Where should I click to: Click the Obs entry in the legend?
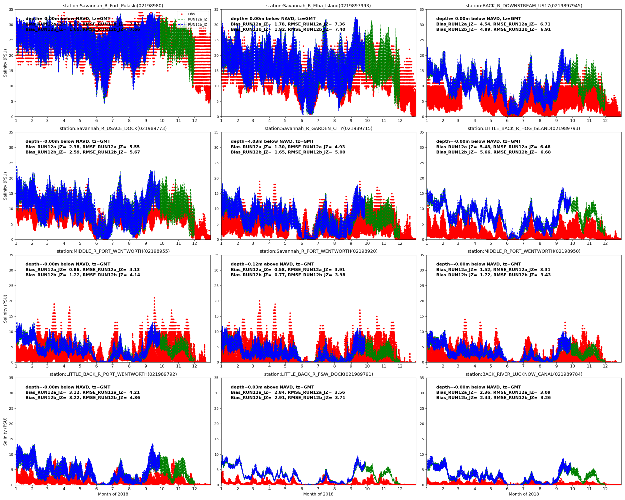(191, 14)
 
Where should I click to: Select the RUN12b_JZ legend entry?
(197, 25)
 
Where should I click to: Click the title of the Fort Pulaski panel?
(113, 5)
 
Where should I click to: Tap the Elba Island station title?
(318, 5)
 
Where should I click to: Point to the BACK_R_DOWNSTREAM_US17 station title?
(523, 5)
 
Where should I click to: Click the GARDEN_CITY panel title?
(318, 128)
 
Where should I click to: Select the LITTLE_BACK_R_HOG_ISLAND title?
(523, 128)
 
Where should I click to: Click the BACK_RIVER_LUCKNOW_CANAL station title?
(523, 374)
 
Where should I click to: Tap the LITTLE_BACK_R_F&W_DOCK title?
(318, 374)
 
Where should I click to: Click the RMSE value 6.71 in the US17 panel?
(545, 24)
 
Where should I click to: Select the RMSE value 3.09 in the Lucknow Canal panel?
(545, 392)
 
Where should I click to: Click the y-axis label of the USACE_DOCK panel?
(5, 186)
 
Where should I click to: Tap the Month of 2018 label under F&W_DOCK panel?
(318, 494)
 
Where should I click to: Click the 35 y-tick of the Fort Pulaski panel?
(11, 9)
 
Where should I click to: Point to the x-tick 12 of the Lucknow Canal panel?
(605, 489)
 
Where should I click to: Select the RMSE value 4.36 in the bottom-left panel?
(134, 398)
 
